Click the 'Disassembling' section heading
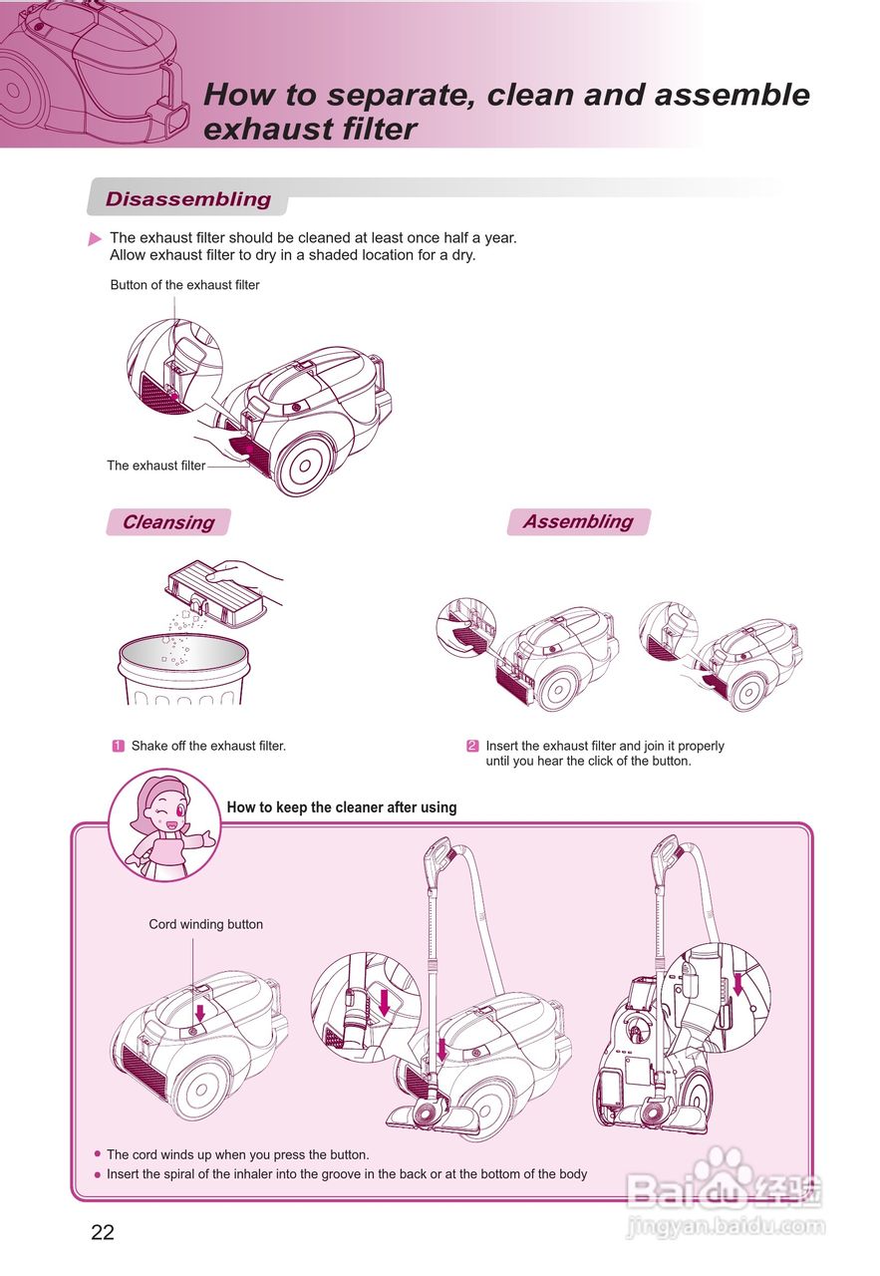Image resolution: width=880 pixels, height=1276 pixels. click(x=188, y=199)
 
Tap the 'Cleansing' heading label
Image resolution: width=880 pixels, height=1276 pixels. click(x=167, y=522)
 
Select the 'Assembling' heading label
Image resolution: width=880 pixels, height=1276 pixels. click(x=578, y=521)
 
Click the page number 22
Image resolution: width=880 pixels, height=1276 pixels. click(x=103, y=1232)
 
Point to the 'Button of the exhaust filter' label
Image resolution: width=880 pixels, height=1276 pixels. click(x=184, y=285)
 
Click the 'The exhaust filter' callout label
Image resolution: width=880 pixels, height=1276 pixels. click(x=156, y=466)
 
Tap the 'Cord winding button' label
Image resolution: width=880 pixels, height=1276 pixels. click(x=206, y=924)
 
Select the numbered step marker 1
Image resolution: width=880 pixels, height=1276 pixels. click(x=118, y=746)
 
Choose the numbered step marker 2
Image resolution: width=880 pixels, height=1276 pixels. click(x=472, y=746)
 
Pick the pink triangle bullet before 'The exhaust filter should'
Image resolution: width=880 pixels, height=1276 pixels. click(x=95, y=239)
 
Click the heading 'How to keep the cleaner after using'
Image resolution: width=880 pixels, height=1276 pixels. click(x=342, y=807)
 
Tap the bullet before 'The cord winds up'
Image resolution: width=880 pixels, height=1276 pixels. click(x=98, y=1155)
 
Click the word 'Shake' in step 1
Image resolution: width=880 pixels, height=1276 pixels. click(x=149, y=746)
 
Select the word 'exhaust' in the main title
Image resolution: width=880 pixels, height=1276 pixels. click(x=257, y=130)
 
